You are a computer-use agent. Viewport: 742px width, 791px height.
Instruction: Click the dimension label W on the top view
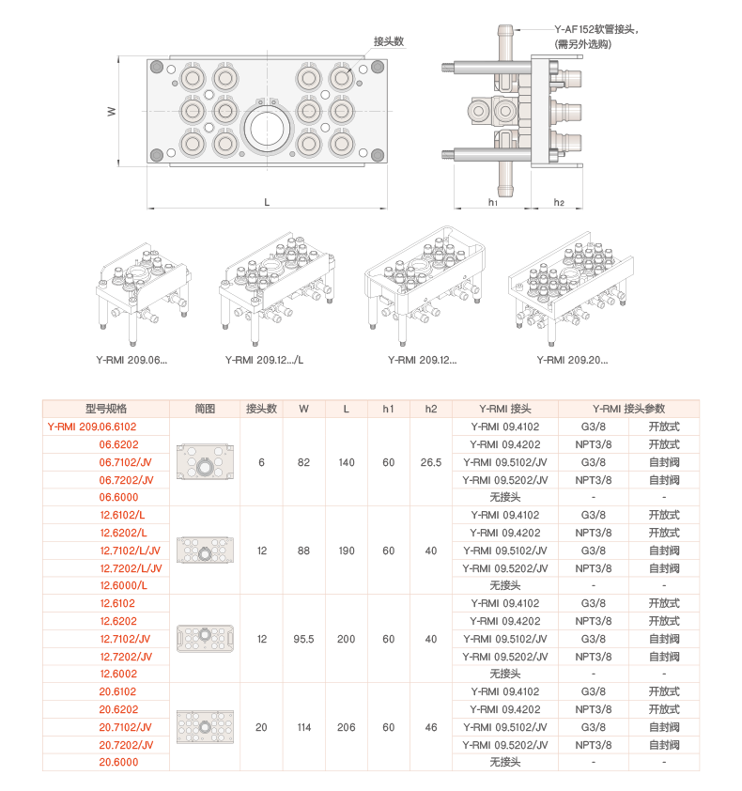tap(112, 112)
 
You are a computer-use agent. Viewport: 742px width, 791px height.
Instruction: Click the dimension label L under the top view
tap(267, 202)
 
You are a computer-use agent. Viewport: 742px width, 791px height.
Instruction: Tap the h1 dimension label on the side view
tap(493, 202)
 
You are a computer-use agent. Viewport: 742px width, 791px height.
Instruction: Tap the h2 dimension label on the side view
tap(559, 202)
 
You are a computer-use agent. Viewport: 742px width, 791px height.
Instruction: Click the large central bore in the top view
tap(267, 129)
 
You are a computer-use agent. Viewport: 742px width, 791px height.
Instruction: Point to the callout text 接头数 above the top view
tap(389, 41)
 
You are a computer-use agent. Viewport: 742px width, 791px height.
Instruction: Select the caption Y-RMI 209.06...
tap(131, 360)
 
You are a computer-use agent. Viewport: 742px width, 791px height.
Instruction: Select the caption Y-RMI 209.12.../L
tap(264, 360)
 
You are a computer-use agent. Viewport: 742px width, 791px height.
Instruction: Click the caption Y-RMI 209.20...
tap(572, 360)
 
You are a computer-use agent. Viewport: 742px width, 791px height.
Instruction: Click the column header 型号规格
tap(106, 409)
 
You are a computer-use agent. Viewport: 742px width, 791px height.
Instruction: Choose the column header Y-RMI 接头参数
tap(628, 409)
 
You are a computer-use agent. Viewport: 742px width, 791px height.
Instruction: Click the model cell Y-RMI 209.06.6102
tap(92, 427)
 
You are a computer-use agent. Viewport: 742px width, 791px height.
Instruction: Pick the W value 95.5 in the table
tap(303, 639)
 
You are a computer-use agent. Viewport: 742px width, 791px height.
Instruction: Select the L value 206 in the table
tap(346, 727)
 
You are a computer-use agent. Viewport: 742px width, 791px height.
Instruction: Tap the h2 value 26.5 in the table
tap(431, 462)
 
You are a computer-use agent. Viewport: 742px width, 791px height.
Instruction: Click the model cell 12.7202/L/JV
tap(131, 568)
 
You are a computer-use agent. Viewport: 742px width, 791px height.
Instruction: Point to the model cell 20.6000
tap(118, 762)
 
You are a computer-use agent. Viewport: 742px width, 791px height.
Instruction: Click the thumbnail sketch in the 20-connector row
tap(205, 727)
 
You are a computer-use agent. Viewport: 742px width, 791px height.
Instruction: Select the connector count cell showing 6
tap(261, 462)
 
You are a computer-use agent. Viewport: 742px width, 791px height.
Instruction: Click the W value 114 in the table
tap(303, 727)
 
